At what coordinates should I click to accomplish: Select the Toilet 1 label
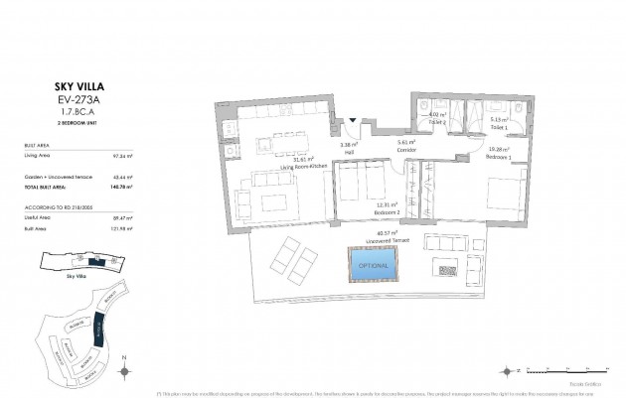click(x=499, y=128)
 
